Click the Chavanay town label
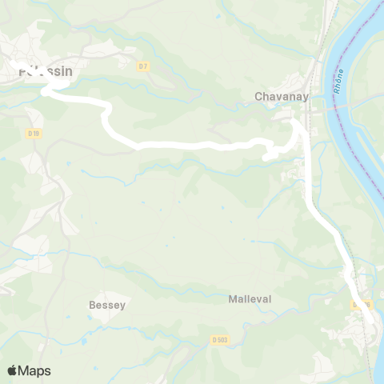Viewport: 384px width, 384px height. click(x=277, y=96)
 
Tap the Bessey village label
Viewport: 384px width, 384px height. click(x=107, y=305)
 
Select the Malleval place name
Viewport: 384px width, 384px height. click(x=250, y=298)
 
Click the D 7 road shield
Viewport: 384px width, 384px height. click(x=143, y=66)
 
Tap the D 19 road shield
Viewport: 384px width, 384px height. click(x=33, y=133)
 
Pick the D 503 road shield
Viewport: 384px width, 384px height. click(x=220, y=339)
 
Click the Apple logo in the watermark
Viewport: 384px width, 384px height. click(x=13, y=370)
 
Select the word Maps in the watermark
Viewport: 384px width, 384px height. click(x=34, y=370)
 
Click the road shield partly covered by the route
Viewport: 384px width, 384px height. click(x=362, y=304)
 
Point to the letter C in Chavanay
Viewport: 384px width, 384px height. click(x=258, y=96)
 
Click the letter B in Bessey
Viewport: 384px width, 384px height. click(x=92, y=305)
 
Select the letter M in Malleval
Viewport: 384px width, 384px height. click(x=233, y=298)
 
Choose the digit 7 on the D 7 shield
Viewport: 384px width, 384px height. click(x=146, y=66)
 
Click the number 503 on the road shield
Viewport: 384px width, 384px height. click(x=222, y=339)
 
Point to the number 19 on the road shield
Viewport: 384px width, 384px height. click(x=35, y=133)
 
